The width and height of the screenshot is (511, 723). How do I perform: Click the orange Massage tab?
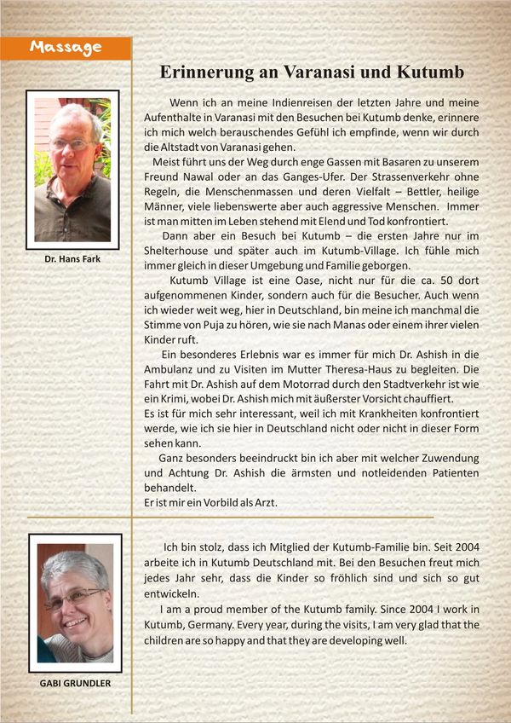pos(66,49)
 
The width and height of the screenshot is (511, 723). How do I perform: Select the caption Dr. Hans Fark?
pos(72,258)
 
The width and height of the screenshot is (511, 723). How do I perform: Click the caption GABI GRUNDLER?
pos(74,683)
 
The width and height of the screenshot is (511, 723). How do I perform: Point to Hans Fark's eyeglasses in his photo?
pos(72,144)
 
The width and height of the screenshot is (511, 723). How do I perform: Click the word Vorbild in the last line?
pos(203,503)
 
